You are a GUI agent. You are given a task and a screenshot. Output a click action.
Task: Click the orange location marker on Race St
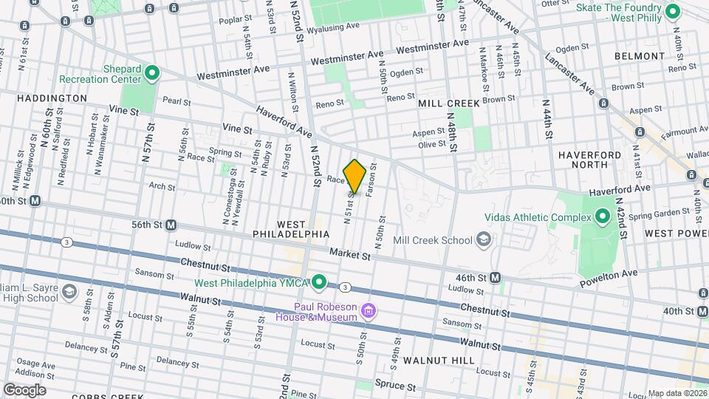click(354, 176)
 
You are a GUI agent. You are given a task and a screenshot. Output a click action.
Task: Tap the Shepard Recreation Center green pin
click(152, 72)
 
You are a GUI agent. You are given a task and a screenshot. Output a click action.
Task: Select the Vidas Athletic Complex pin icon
click(602, 217)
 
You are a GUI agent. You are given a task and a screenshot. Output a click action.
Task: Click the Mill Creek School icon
click(483, 239)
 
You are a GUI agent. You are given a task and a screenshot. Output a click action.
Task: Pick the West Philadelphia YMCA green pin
click(319, 282)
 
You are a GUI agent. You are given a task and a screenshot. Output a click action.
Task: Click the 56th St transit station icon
click(171, 225)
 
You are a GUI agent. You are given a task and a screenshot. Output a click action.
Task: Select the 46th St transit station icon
click(496, 277)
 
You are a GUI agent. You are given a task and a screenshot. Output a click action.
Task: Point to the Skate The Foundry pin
click(672, 11)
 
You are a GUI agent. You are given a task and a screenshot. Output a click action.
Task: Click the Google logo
click(24, 389)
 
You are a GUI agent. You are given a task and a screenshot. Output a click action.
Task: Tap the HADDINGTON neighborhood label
click(52, 98)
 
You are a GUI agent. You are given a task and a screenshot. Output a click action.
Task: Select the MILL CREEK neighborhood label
click(449, 103)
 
